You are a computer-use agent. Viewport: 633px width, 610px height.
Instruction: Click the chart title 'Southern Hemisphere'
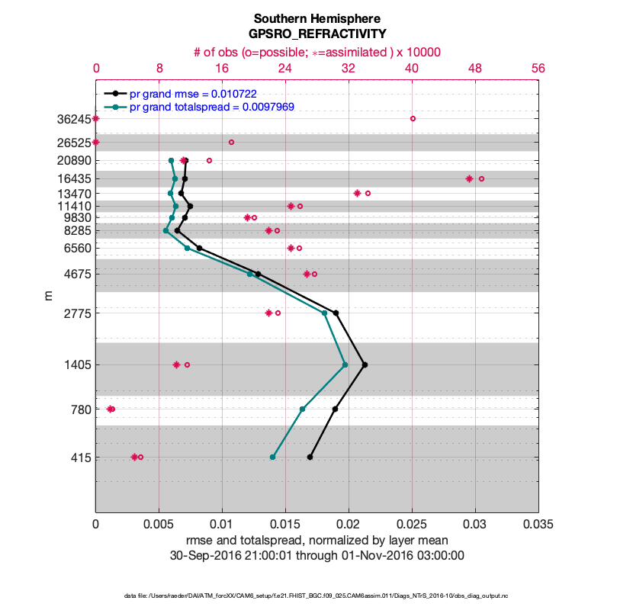[x=316, y=18]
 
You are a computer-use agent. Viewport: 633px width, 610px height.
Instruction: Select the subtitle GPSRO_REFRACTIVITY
[x=316, y=34]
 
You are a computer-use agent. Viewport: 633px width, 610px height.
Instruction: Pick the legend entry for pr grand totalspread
[x=212, y=107]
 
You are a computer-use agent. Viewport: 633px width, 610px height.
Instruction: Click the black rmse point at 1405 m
[x=365, y=364]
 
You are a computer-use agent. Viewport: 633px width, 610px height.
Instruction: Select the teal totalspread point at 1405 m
[x=345, y=364]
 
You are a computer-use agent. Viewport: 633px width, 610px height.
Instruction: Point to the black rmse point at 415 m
[x=310, y=457]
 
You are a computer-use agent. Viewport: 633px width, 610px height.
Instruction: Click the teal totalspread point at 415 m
[x=272, y=457]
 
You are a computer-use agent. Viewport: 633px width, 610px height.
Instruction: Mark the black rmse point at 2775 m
[x=336, y=313]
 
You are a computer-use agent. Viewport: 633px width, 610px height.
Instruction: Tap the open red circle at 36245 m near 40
[x=413, y=118]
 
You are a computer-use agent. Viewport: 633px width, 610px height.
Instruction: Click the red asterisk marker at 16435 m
[x=469, y=178]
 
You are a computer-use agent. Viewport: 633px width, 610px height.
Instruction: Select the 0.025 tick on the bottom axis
[x=412, y=525]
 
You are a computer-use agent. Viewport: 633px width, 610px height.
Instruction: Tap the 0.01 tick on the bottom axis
[x=222, y=525]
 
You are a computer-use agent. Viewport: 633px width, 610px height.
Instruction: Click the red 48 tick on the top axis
[x=475, y=68]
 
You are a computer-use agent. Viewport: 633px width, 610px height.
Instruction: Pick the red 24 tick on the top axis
[x=285, y=68]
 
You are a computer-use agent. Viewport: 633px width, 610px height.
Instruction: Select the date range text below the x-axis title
[x=316, y=555]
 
